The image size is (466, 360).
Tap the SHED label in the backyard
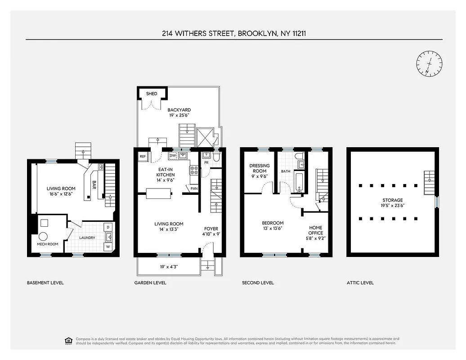click(152, 94)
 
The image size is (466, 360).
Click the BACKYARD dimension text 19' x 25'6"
click(179, 116)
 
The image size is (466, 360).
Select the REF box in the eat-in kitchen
click(143, 157)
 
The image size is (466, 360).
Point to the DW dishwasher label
click(172, 156)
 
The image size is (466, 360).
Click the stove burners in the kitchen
click(194, 171)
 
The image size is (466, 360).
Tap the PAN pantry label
click(194, 189)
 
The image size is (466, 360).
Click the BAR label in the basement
click(94, 185)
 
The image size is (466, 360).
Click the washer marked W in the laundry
click(108, 247)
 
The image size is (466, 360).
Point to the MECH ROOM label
click(47, 244)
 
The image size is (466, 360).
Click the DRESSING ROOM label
click(260, 168)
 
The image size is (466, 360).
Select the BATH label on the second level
click(286, 171)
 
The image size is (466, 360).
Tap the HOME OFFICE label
click(315, 230)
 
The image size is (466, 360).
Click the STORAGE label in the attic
click(393, 200)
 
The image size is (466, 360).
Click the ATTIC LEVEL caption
click(360, 283)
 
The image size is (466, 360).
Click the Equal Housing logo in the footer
click(69, 340)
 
